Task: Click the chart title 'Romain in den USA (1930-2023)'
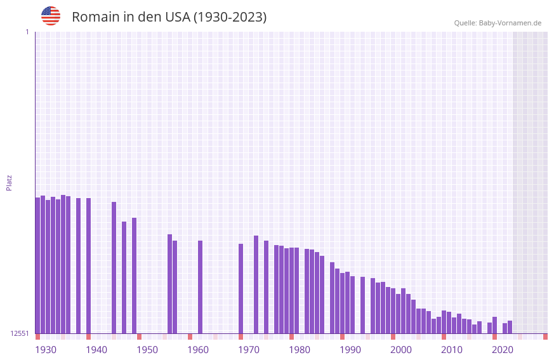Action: [x=169, y=17]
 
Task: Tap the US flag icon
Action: [x=51, y=16]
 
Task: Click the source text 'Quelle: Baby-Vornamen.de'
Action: [x=498, y=23]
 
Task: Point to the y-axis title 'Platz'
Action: [x=9, y=182]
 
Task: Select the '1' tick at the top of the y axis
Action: [x=27, y=32]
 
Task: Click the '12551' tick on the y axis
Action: [x=20, y=333]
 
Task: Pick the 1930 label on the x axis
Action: [x=46, y=350]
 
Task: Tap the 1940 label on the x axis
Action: [x=96, y=350]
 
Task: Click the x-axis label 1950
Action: [x=147, y=350]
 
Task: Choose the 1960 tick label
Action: [x=198, y=350]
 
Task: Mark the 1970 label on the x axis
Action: [x=249, y=350]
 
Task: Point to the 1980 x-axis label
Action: [x=300, y=350]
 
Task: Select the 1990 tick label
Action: [x=350, y=350]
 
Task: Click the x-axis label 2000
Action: [x=401, y=350]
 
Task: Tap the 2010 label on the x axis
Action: [x=452, y=350]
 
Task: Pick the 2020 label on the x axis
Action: [x=503, y=350]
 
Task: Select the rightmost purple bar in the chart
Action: [x=510, y=327]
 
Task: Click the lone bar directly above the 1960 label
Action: [x=200, y=287]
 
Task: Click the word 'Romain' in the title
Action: [x=95, y=17]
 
